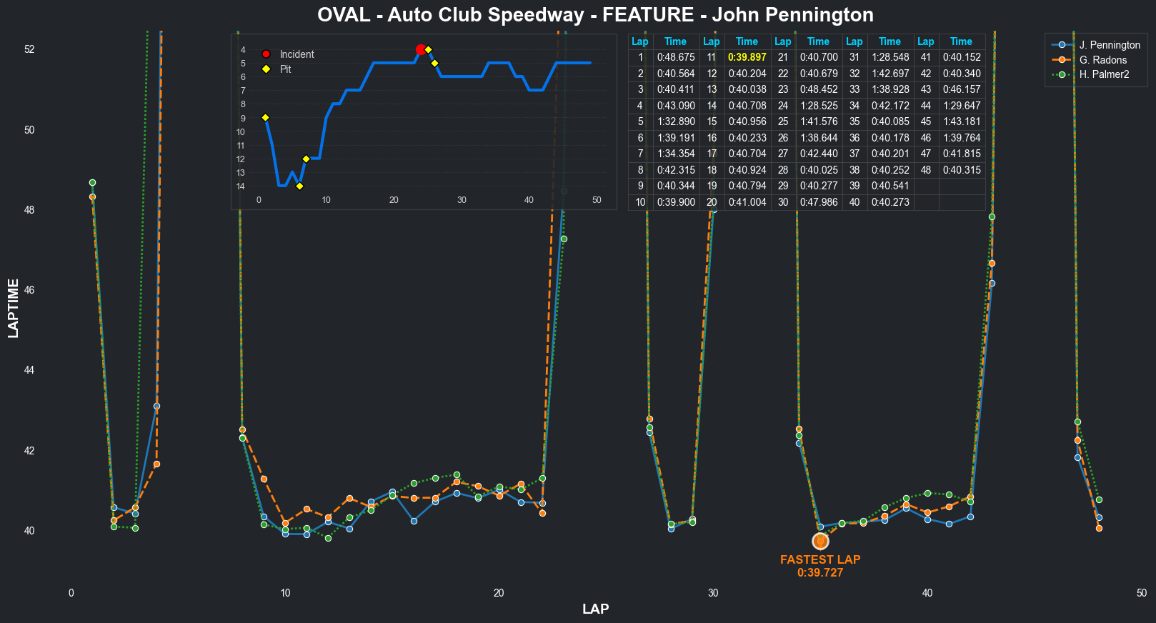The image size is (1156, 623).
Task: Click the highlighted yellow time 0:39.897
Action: [x=747, y=57]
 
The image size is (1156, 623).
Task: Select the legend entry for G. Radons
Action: [x=1102, y=60]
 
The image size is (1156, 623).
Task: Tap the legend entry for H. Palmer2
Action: [x=1104, y=74]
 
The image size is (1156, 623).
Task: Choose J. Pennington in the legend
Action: [x=1109, y=45]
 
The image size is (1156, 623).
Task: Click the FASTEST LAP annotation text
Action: [x=820, y=560]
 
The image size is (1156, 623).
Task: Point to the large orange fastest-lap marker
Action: [x=820, y=542]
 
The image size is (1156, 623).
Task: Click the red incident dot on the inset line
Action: [x=421, y=49]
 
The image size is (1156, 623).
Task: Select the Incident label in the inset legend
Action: [x=297, y=54]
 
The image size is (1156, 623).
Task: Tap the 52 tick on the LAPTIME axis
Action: [x=29, y=49]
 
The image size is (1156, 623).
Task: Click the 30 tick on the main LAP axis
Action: [x=713, y=593]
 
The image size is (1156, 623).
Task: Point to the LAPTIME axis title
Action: [x=14, y=309]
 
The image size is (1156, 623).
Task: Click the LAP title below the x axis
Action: [x=595, y=609]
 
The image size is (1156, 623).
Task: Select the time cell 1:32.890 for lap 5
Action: [x=675, y=121]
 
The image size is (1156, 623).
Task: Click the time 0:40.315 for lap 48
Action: [x=961, y=170]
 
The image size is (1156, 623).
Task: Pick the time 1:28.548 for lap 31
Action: [x=890, y=57]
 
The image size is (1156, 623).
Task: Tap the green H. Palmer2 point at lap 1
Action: [x=92, y=183]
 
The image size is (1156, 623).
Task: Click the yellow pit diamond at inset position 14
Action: [x=299, y=186]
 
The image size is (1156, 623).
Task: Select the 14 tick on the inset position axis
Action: [x=241, y=186]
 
